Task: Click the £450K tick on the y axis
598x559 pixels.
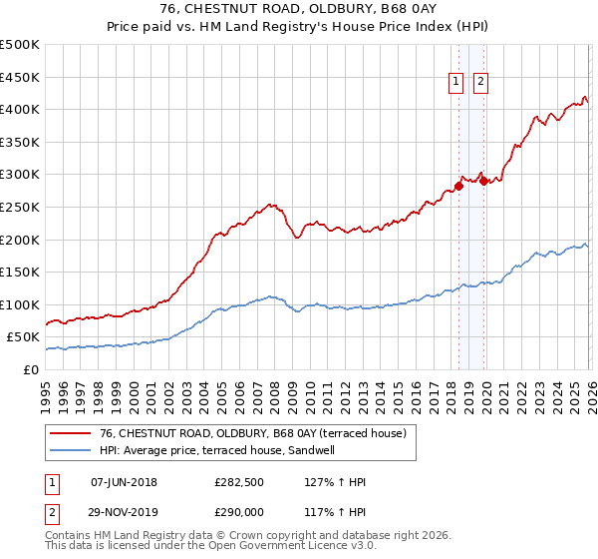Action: point(20,77)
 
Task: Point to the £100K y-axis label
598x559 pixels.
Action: point(20,304)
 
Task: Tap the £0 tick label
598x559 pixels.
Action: point(32,370)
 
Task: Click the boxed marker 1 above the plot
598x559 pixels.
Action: point(456,83)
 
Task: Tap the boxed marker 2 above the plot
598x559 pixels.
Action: point(480,83)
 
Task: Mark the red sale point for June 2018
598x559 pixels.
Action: point(458,185)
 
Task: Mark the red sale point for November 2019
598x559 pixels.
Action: point(484,180)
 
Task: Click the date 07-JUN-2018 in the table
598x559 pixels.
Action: point(124,482)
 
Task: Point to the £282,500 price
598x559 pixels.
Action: point(239,482)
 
